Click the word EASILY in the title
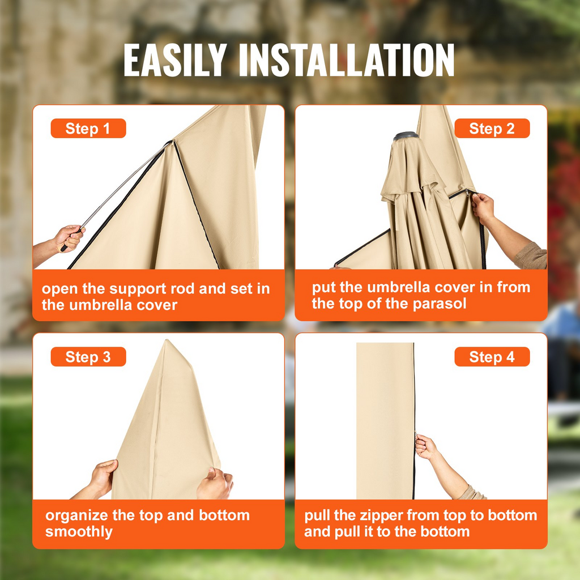pyautogui.click(x=175, y=60)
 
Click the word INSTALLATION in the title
pyautogui.click(x=347, y=60)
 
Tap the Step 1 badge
pyautogui.click(x=88, y=129)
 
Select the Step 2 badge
pyautogui.click(x=492, y=129)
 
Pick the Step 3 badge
pyautogui.click(x=88, y=357)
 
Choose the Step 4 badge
pyautogui.click(x=492, y=357)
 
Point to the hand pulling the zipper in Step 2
pyautogui.click(x=483, y=207)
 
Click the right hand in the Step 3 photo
pyautogui.click(x=215, y=483)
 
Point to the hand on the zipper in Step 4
pyautogui.click(x=426, y=446)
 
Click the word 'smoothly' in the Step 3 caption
pyautogui.click(x=79, y=532)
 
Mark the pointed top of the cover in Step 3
pyautogui.click(x=167, y=340)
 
